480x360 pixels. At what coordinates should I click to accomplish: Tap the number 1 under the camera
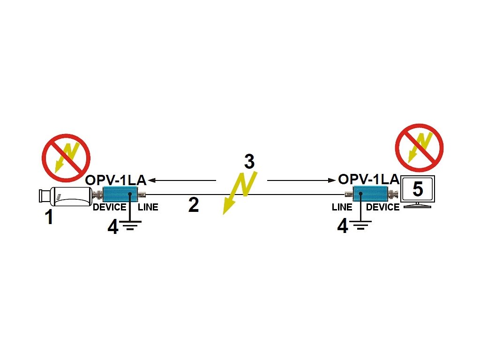pyautogui.click(x=49, y=217)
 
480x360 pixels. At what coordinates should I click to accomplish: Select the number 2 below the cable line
pyautogui.click(x=194, y=205)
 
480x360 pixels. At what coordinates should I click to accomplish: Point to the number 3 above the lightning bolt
pyautogui.click(x=249, y=161)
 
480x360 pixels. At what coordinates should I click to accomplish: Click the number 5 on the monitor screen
pyautogui.click(x=417, y=189)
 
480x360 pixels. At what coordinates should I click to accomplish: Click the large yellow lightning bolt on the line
pyautogui.click(x=239, y=192)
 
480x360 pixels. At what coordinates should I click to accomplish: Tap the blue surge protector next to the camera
pyautogui.click(x=120, y=194)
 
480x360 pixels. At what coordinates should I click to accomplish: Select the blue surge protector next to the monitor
pyautogui.click(x=370, y=193)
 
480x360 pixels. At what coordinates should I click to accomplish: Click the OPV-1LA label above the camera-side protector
pyautogui.click(x=116, y=180)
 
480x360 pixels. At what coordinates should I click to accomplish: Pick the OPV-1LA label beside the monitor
pyautogui.click(x=368, y=179)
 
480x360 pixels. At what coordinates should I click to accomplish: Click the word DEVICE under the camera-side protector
pyautogui.click(x=109, y=207)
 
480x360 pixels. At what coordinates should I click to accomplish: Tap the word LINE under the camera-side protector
pyautogui.click(x=148, y=207)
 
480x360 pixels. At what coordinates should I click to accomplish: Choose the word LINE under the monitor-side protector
pyautogui.click(x=342, y=207)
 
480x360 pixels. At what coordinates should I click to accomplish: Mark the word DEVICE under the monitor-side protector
pyautogui.click(x=382, y=207)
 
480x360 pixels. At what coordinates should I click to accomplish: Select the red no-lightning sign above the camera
pyautogui.click(x=66, y=158)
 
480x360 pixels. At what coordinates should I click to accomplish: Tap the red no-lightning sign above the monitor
pyautogui.click(x=419, y=148)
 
